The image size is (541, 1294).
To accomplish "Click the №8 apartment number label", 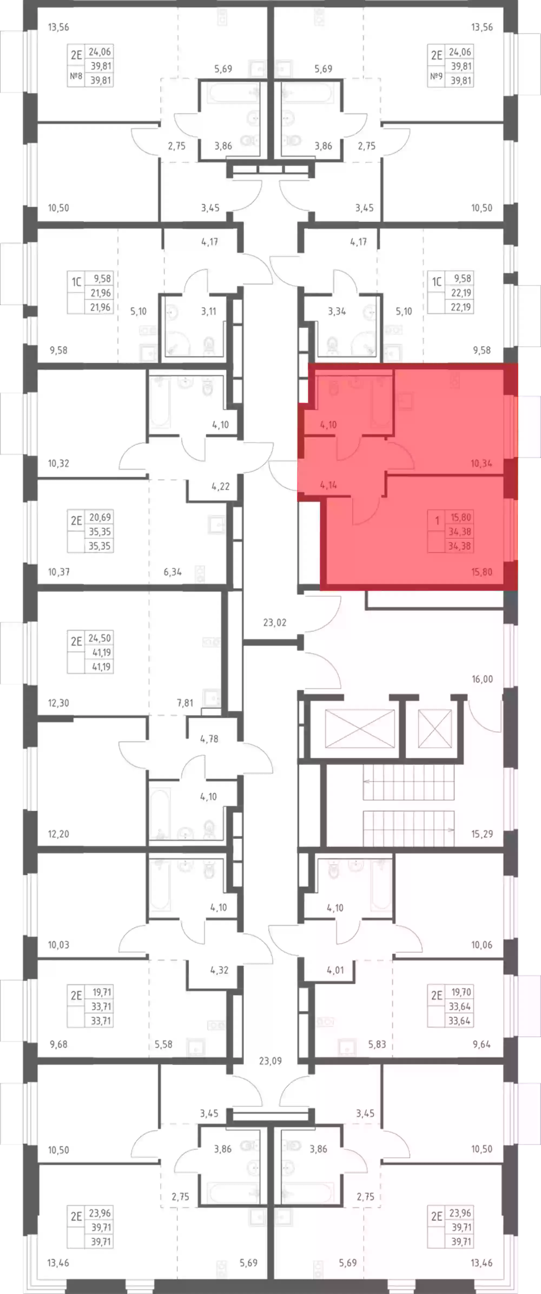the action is [76, 76].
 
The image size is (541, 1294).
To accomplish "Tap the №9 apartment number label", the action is [436, 76].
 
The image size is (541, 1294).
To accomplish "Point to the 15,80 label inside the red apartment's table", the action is [461, 517].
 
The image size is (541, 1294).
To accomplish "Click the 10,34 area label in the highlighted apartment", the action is [481, 463].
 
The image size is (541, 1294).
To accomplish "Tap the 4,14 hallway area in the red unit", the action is [328, 485].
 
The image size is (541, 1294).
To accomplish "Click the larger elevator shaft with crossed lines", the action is [360, 728].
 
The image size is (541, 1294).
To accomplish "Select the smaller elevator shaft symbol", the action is [435, 728].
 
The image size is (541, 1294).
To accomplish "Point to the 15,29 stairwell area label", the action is [482, 834].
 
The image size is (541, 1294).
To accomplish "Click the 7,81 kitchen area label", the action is [185, 703].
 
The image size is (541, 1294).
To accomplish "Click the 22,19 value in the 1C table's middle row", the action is [461, 293].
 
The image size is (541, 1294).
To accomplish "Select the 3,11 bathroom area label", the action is [209, 311].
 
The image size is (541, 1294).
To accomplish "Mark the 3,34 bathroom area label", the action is [337, 311].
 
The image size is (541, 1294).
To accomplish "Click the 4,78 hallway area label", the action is [209, 739].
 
